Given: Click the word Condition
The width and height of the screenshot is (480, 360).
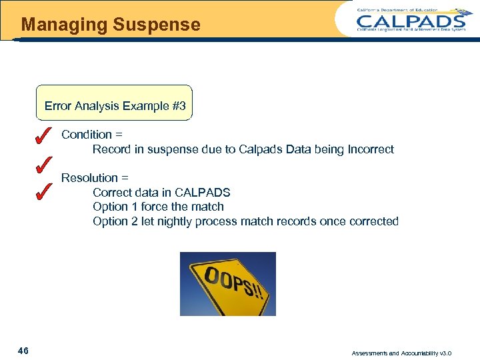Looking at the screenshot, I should point(87,135).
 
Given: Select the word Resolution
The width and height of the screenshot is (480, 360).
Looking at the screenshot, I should point(89,178).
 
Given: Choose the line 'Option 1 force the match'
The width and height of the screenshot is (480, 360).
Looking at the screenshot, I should point(158,207).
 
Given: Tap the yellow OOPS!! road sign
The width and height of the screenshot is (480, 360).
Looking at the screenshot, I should point(228,283).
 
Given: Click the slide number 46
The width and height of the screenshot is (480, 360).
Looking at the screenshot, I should point(23,351).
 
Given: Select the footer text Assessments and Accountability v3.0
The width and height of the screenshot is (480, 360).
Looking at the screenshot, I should point(411,353).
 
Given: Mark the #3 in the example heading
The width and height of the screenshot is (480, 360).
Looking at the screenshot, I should point(179,106).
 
